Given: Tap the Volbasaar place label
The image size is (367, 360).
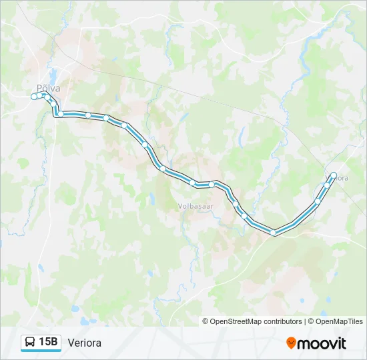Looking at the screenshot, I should pyautogui.click(x=195, y=207).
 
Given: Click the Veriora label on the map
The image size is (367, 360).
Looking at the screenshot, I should pyautogui.click(x=340, y=178).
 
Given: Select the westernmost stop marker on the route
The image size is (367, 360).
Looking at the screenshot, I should pyautogui.click(x=34, y=97).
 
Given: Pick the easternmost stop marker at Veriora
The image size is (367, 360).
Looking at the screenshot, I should pyautogui.click(x=333, y=175).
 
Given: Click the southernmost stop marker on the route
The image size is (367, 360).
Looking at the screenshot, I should pyautogui.click(x=273, y=233).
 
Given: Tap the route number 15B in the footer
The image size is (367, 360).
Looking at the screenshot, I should pyautogui.click(x=49, y=342).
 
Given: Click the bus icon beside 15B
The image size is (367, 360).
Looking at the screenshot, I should pyautogui.click(x=30, y=342).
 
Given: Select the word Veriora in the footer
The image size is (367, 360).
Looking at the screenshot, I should pyautogui.click(x=84, y=343).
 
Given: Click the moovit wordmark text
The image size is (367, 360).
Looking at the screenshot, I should pyautogui.click(x=322, y=343).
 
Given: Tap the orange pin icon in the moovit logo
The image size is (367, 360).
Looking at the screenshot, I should pyautogui.click(x=291, y=343).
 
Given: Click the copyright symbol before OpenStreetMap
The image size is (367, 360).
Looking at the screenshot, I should pyautogui.click(x=206, y=321).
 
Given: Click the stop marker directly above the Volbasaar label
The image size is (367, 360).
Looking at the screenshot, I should pyautogui.click(x=192, y=182).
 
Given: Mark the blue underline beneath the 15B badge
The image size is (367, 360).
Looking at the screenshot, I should pyautogui.click(x=41, y=351).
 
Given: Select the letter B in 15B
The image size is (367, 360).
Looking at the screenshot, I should pyautogui.click(x=54, y=342).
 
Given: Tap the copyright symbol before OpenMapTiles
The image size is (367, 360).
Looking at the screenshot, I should pyautogui.click(x=310, y=321).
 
